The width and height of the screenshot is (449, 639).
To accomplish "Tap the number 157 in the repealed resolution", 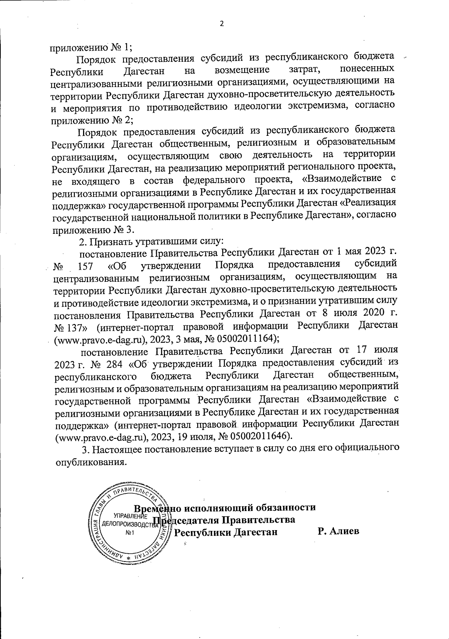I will click(86, 267).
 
